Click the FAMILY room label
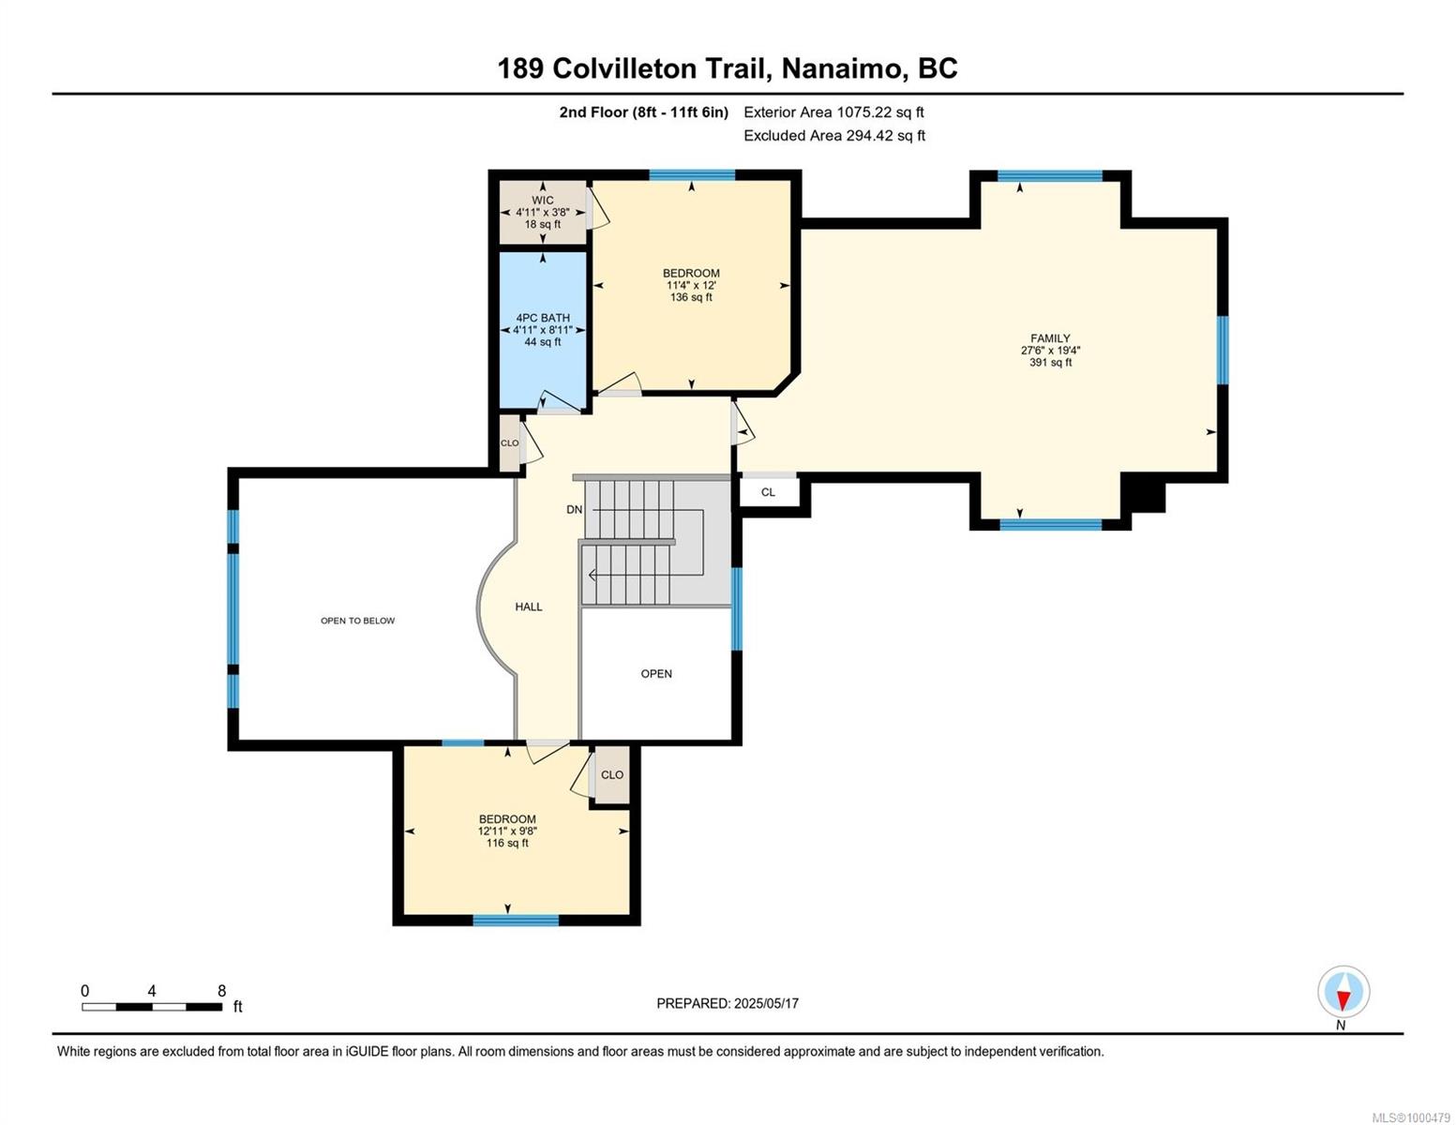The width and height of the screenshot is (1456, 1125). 1050,338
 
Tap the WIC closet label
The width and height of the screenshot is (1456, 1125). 542,200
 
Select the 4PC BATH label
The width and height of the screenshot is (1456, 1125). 543,318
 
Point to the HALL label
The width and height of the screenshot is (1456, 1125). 529,607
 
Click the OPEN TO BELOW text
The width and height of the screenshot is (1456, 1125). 358,621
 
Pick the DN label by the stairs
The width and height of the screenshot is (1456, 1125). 574,509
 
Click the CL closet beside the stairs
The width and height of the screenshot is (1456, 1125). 768,492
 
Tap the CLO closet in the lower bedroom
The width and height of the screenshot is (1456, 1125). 612,774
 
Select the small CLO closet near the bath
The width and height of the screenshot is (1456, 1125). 509,442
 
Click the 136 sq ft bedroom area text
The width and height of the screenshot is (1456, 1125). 691,297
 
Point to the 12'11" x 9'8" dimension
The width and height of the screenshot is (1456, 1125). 507,831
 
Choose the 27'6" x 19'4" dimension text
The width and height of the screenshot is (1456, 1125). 1050,351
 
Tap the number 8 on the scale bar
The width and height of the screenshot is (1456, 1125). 222,990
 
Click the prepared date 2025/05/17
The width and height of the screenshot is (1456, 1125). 766,1003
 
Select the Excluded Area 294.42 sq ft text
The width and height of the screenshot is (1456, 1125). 834,135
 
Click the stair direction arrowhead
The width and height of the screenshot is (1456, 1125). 593,575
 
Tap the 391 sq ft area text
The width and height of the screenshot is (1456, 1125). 1050,363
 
